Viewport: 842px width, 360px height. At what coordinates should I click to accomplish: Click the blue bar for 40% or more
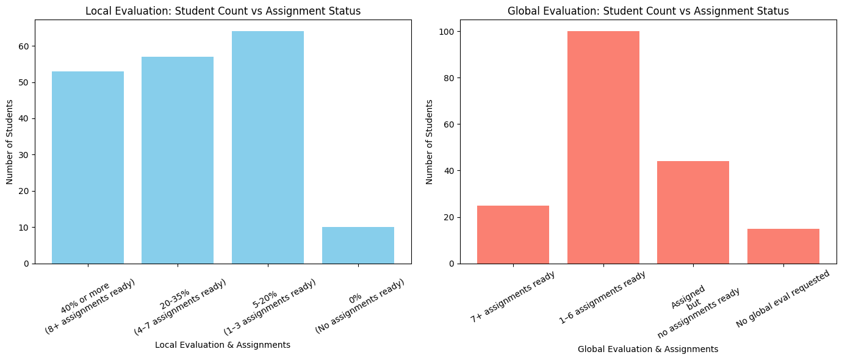88,167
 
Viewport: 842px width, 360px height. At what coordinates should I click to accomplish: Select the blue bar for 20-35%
178,160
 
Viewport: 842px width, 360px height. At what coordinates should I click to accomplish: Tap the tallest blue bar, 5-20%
268,147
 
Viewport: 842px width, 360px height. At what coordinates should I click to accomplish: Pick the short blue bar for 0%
358,245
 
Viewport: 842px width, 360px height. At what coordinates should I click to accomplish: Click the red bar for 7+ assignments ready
513,234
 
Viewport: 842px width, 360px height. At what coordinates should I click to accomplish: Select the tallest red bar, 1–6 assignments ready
603,147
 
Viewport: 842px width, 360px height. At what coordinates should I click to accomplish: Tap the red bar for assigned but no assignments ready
693,212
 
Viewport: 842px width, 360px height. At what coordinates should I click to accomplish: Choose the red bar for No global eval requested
783,246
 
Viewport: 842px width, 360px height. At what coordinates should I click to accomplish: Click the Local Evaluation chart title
223,11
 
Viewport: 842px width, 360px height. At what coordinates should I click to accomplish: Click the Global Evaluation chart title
648,11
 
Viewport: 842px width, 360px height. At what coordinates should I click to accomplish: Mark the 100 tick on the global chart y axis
445,32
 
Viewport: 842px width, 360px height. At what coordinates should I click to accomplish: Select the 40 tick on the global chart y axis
448,171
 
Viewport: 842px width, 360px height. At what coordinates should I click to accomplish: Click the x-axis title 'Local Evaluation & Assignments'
223,345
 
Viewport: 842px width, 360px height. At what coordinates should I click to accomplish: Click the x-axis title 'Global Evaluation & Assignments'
648,349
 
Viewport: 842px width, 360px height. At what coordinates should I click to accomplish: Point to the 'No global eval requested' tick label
783,298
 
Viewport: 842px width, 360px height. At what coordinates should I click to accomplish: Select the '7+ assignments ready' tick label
513,297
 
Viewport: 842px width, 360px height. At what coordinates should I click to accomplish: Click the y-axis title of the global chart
430,142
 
